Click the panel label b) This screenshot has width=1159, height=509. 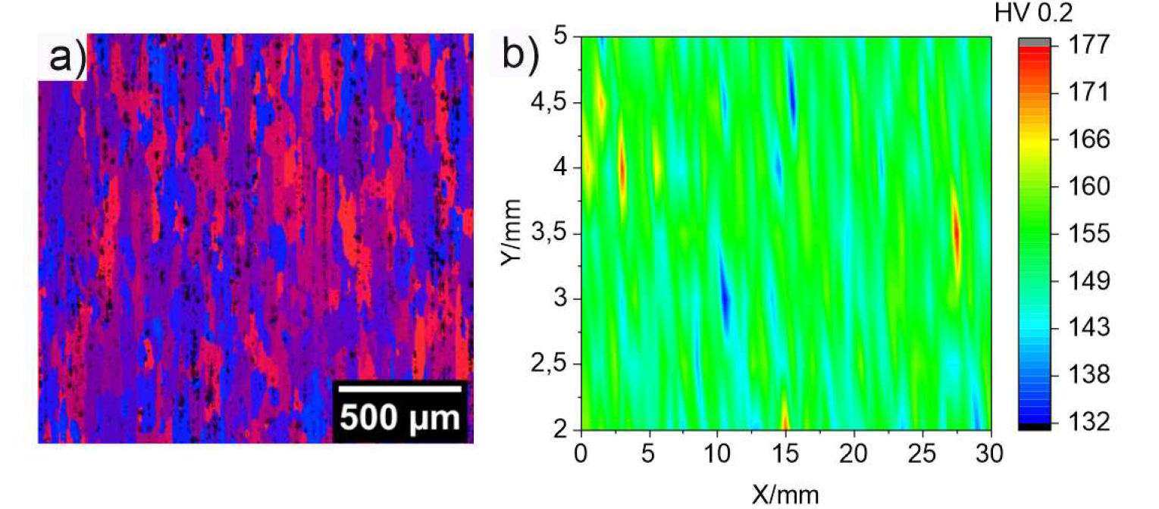(x=523, y=58)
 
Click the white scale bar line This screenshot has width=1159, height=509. (x=399, y=389)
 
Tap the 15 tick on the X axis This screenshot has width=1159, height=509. (x=786, y=454)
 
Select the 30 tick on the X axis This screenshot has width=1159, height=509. (x=991, y=454)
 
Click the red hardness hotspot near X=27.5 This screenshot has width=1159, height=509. (x=957, y=235)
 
